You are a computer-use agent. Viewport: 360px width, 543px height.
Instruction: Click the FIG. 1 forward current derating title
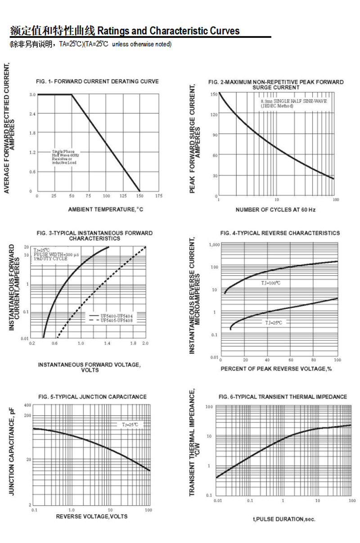point(97,81)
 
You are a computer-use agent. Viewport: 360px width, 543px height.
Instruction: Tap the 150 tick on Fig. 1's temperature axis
point(140,196)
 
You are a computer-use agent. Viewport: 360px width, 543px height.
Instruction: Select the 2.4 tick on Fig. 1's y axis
point(32,114)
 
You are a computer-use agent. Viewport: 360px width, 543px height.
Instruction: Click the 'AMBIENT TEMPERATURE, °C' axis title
point(105,209)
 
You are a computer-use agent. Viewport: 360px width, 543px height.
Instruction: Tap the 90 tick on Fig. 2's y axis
point(215,135)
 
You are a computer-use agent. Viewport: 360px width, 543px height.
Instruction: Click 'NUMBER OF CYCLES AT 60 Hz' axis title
point(275,210)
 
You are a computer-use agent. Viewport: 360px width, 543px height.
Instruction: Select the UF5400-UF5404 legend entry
point(116,316)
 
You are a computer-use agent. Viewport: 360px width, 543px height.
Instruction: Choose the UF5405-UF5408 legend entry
point(116,321)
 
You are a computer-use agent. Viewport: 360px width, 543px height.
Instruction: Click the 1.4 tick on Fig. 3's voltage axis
point(108,344)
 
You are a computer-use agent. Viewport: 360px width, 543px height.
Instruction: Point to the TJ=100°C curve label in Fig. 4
point(271,283)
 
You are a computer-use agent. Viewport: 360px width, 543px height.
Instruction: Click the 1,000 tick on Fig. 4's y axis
point(214,244)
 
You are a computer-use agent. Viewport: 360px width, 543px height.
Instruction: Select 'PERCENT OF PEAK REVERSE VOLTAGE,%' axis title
point(276,369)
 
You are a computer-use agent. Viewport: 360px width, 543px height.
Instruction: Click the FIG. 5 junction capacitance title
point(92,397)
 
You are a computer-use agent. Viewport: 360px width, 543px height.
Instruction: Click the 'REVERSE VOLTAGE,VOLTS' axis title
point(91,516)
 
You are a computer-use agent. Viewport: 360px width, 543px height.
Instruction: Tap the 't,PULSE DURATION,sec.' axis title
point(284,519)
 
